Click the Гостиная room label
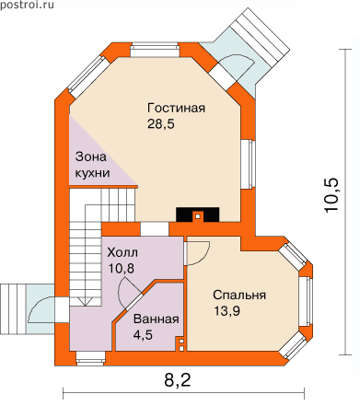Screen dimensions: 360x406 [176, 108]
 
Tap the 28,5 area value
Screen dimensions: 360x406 [161, 124]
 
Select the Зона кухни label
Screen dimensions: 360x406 [92, 165]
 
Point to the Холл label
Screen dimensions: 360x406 [122, 252]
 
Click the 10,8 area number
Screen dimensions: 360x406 [122, 269]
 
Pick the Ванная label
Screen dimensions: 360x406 [156, 319]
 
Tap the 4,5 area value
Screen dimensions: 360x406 [143, 335]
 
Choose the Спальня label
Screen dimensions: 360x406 [239, 295]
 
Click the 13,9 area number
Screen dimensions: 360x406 [226, 311]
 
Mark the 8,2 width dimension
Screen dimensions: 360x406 [178, 380]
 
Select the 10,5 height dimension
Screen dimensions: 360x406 [331, 194]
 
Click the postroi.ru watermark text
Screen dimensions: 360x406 [27, 5]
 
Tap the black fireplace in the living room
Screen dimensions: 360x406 [198, 215]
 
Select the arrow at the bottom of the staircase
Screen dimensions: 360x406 [84, 301]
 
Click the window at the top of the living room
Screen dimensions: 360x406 [155, 51]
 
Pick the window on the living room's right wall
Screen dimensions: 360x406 [248, 164]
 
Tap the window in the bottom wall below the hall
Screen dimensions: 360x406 [91, 358]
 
